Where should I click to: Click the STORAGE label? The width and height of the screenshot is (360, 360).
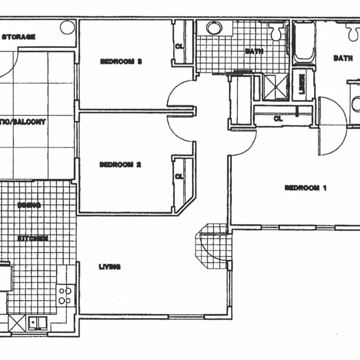(x=19, y=37)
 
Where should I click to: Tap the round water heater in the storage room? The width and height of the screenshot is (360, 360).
(x=67, y=26)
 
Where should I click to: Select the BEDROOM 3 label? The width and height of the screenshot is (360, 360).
(x=121, y=61)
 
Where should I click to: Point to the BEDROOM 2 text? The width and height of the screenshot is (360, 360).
(x=120, y=165)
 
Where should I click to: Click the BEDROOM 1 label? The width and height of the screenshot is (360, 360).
(x=305, y=188)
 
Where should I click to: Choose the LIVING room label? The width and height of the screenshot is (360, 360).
(x=109, y=267)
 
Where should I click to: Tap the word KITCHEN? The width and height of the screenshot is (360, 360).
(x=33, y=238)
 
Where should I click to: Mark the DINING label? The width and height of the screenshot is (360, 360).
(x=29, y=205)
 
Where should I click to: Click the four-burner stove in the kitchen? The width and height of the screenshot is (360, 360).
(x=65, y=296)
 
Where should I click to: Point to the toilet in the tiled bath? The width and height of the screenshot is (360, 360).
(x=276, y=33)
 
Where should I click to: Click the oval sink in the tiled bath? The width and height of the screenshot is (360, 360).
(x=214, y=27)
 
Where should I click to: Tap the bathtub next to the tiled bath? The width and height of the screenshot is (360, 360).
(x=303, y=42)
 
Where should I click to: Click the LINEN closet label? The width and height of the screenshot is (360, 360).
(x=302, y=85)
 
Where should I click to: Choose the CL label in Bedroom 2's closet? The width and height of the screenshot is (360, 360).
(x=179, y=177)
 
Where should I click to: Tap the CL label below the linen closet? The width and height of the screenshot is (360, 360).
(x=278, y=119)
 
